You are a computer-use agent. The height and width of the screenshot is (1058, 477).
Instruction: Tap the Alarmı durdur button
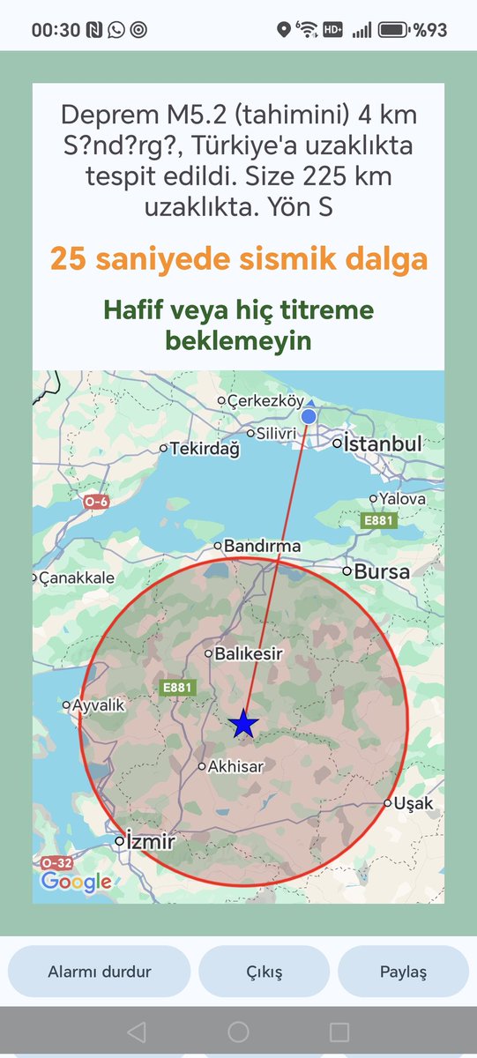tap(99, 972)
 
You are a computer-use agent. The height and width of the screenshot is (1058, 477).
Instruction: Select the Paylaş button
tap(403, 972)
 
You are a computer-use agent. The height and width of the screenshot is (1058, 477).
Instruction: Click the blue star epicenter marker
tap(243, 724)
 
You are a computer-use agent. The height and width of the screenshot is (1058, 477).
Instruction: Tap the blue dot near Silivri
tap(309, 416)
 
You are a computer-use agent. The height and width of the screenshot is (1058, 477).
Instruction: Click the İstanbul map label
tap(383, 443)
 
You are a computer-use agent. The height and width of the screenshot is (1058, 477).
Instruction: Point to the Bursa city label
tap(382, 571)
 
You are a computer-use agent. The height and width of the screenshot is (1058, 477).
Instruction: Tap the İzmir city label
tap(151, 841)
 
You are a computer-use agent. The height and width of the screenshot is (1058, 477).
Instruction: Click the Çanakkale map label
tap(77, 578)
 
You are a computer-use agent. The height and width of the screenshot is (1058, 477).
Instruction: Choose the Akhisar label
tap(236, 767)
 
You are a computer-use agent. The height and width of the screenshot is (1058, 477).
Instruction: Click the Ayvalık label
tap(98, 705)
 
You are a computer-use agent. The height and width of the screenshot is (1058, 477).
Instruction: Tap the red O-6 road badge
tap(96, 502)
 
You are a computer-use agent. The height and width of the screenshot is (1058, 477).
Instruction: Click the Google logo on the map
tap(76, 882)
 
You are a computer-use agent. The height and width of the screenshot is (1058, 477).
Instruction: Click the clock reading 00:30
tap(55, 30)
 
